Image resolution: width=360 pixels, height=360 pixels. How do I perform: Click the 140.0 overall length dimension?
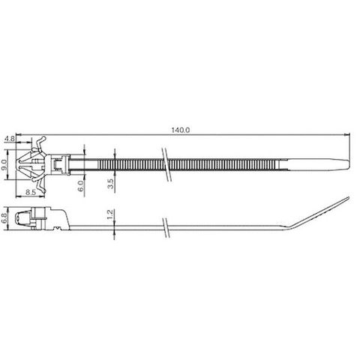click(x=181, y=130)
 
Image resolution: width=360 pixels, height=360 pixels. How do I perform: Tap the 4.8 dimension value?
click(x=10, y=139)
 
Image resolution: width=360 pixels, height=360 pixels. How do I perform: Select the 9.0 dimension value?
click(x=4, y=164)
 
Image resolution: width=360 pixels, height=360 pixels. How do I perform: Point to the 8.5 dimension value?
click(x=31, y=192)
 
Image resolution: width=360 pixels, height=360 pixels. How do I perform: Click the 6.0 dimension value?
click(x=80, y=186)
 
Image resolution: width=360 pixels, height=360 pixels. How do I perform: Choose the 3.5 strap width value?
click(x=110, y=184)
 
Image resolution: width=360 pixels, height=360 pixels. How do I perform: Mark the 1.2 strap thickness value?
click(x=110, y=214)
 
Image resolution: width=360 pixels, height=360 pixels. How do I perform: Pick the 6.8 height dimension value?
click(x=4, y=218)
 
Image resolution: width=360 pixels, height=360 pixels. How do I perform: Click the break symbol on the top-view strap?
click(x=166, y=164)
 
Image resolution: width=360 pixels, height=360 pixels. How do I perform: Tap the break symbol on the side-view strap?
click(x=166, y=227)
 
